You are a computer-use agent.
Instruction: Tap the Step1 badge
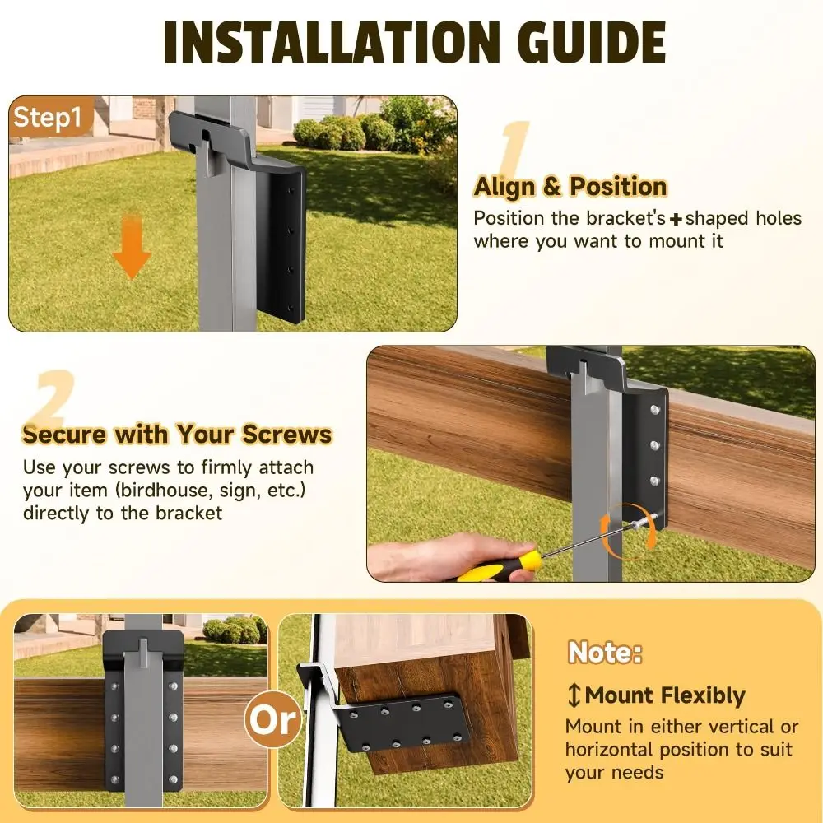pos(48,118)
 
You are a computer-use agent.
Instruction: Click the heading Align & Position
pos(570,187)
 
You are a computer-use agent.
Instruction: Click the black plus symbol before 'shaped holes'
pos(676,219)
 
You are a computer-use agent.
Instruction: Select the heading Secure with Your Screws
pos(177,434)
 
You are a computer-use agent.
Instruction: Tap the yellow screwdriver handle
pos(502,567)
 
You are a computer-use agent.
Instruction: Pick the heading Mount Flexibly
pos(665,695)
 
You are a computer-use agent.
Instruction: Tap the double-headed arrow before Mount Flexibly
pos(574,695)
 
